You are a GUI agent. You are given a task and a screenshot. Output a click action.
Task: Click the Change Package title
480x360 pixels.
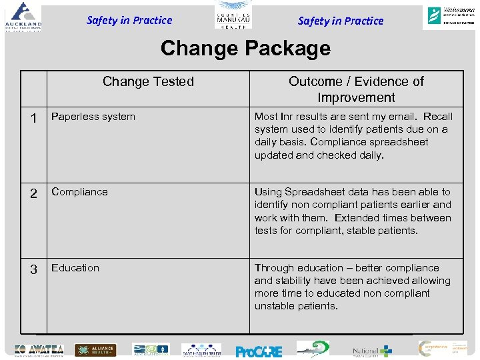(x=245, y=49)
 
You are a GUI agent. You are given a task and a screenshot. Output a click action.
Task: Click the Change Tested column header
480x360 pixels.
(x=148, y=81)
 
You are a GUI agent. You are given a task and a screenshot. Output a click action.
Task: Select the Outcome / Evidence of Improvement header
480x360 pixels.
(x=356, y=89)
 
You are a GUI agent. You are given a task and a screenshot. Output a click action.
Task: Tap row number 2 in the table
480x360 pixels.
(x=34, y=194)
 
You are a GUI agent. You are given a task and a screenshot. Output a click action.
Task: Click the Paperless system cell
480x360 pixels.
(x=93, y=117)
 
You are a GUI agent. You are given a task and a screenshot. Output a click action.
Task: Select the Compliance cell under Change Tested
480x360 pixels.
(x=79, y=192)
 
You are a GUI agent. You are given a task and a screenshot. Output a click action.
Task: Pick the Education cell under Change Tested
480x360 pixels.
(x=75, y=268)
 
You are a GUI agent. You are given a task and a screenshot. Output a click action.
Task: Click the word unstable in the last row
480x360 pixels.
(x=275, y=306)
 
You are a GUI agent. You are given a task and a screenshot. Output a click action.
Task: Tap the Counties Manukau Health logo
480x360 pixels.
(x=233, y=17)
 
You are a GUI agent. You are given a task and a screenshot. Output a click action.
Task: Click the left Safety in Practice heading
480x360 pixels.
(x=129, y=20)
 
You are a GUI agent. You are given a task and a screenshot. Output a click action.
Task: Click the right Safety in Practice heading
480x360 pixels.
(x=341, y=21)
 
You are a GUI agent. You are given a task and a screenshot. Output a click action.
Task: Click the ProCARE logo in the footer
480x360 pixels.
(x=259, y=351)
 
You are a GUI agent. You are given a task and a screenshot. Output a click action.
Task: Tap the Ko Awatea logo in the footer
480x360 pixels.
(x=39, y=350)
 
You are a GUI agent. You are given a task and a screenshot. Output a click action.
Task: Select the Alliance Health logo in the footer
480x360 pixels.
(x=95, y=350)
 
